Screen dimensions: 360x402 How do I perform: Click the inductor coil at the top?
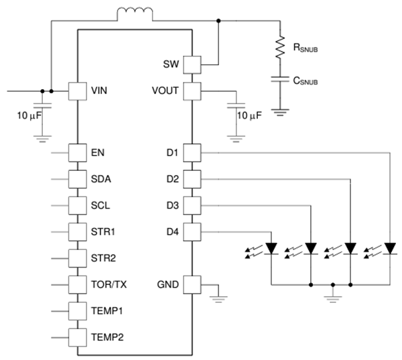(135, 13)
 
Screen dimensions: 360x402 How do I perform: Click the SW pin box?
(192, 64)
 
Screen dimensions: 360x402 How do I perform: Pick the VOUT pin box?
(192, 91)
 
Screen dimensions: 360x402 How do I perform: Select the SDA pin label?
(100, 179)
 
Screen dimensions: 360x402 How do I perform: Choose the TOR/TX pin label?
(108, 285)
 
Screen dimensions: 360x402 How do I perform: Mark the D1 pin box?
(192, 153)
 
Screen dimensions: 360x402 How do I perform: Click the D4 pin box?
(192, 232)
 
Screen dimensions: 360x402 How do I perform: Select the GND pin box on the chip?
(192, 285)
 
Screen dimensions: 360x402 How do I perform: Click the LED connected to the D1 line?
(388, 249)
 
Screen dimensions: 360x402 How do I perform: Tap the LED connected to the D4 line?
(271, 249)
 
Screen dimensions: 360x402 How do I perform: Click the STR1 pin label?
(103, 232)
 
